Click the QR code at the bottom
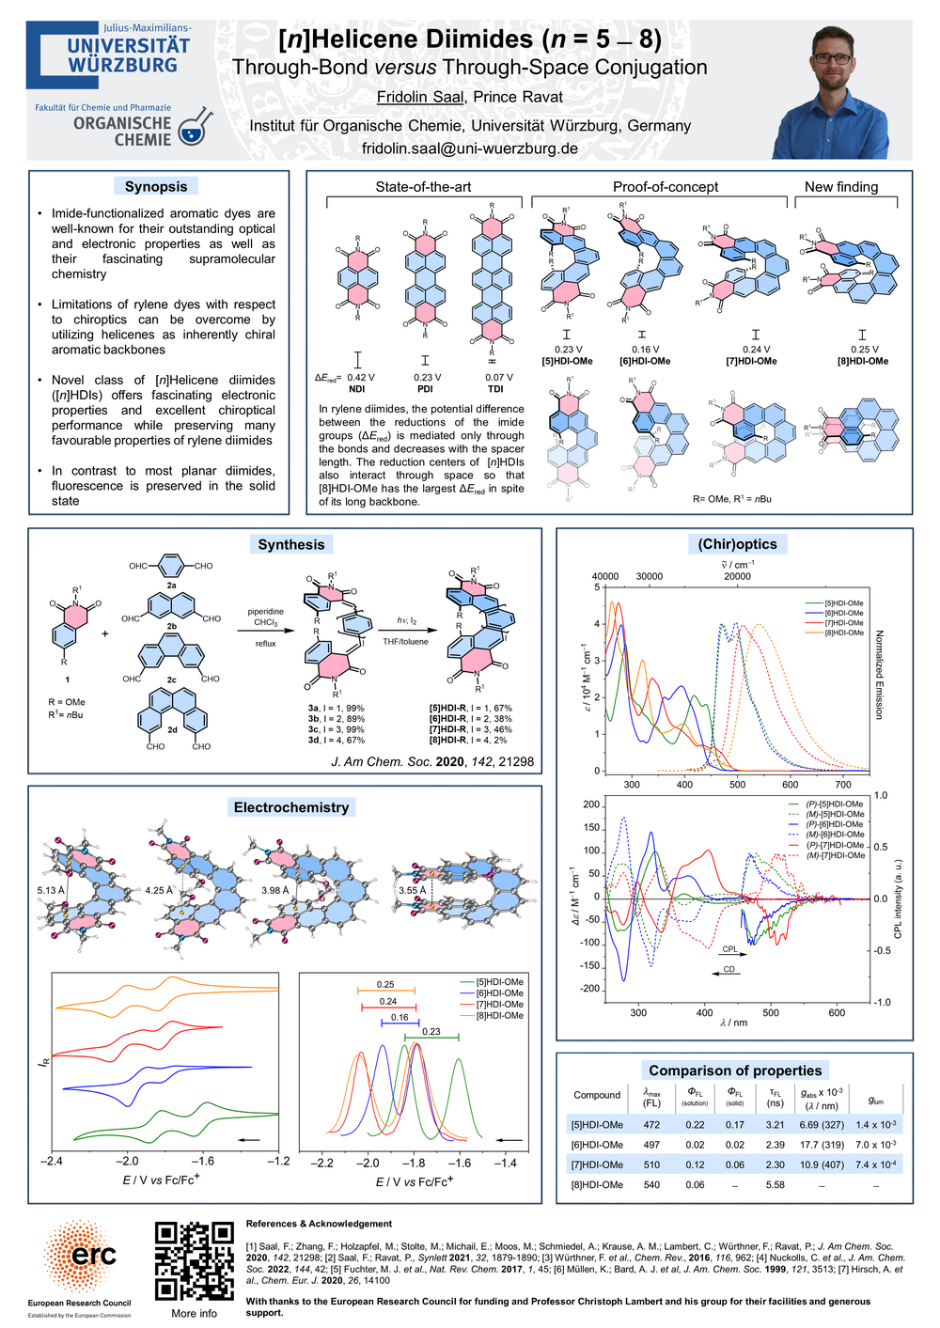[x=194, y=1260]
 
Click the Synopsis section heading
[x=156, y=186]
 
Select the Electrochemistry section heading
[x=291, y=807]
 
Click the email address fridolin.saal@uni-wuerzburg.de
[x=470, y=148]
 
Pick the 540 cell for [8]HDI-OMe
[x=651, y=1184]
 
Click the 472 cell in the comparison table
[x=651, y=1124]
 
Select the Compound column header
[x=597, y=1095]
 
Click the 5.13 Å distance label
[x=51, y=890]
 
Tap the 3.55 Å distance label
[x=412, y=890]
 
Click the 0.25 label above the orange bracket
[x=385, y=985]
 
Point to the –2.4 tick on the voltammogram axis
[x=52, y=1162]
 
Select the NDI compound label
[x=356, y=388]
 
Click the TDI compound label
[x=495, y=388]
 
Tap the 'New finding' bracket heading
[x=841, y=187]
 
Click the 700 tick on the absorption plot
[x=843, y=785]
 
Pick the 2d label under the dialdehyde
[x=172, y=729]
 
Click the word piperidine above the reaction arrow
[x=266, y=611]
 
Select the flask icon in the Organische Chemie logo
[x=195, y=130]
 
